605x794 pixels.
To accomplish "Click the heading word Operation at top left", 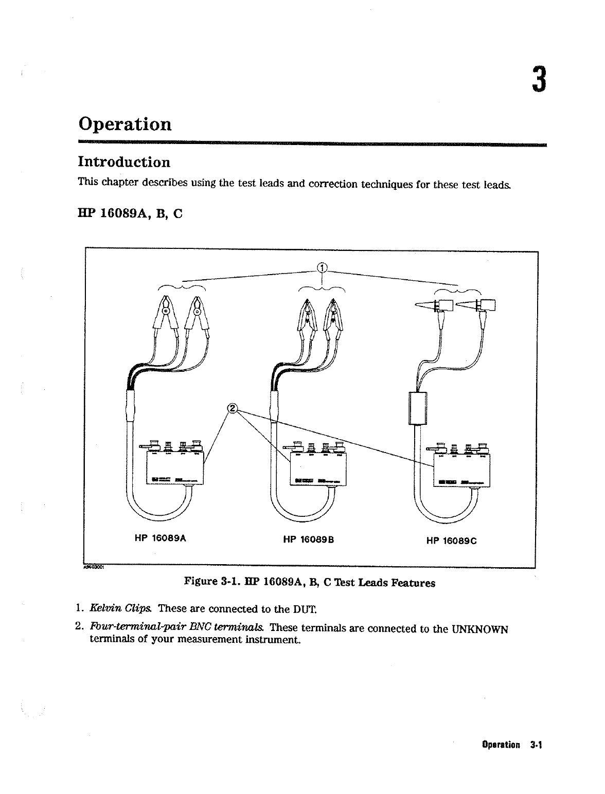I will pos(125,125).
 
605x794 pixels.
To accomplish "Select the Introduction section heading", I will pos(124,163).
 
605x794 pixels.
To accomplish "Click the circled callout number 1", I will pos(322,267).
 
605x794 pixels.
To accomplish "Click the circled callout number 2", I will pos(233,408).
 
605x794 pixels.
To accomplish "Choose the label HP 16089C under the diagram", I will pos(452,540).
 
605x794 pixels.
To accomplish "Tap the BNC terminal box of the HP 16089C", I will pos(461,469).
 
